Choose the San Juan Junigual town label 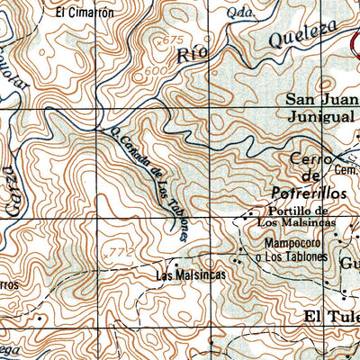(319, 108)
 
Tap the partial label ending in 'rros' (9, 284)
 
